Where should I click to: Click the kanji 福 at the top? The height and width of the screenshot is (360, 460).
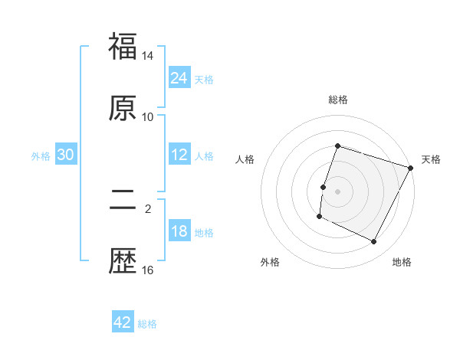pyautogui.click(x=123, y=47)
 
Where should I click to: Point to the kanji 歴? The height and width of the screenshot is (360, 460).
pyautogui.click(x=123, y=261)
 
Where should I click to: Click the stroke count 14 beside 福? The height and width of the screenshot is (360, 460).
pyautogui.click(x=148, y=56)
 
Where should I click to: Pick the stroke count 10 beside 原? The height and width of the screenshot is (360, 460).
pyautogui.click(x=148, y=116)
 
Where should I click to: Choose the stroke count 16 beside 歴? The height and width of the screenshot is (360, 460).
pyautogui.click(x=148, y=270)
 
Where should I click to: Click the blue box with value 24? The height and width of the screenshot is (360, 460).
pyautogui.click(x=179, y=78)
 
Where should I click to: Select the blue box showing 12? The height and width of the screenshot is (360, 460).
pyautogui.click(x=179, y=155)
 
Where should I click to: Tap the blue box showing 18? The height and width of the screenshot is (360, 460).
pyautogui.click(x=179, y=231)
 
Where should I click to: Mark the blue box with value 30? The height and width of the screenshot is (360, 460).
pyautogui.click(x=66, y=155)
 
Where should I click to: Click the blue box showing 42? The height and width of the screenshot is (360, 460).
pyautogui.click(x=123, y=322)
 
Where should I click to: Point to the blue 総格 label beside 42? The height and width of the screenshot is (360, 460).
pyautogui.click(x=147, y=324)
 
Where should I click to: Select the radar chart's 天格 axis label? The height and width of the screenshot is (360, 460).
pyautogui.click(x=431, y=159)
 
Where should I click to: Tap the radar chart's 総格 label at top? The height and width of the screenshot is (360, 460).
pyautogui.click(x=337, y=100)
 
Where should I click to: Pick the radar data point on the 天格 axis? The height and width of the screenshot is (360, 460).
pyautogui.click(x=411, y=168)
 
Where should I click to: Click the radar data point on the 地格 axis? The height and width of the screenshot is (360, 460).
pyautogui.click(x=374, y=242)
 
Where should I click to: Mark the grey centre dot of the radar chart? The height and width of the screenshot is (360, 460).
pyautogui.click(x=337, y=191)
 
